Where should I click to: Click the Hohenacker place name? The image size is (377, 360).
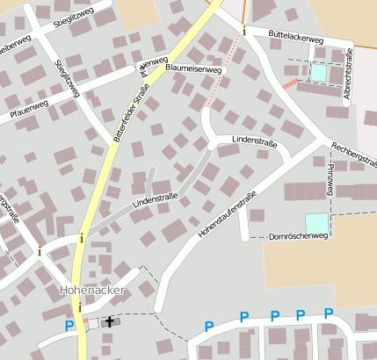(x=91, y=289)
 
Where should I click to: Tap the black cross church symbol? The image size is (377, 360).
(x=110, y=321)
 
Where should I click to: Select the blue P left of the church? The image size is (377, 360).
(x=69, y=326)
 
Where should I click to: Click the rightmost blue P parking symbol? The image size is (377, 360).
(x=329, y=314)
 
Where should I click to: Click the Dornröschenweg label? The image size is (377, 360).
(x=297, y=236)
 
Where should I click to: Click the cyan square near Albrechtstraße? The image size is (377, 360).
(x=317, y=73)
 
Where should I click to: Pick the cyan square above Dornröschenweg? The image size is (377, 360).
(x=315, y=223)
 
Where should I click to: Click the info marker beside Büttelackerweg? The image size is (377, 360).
(x=244, y=32)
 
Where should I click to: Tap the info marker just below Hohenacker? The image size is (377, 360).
(x=81, y=306)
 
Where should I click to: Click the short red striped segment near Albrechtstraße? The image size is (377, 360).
(x=290, y=83)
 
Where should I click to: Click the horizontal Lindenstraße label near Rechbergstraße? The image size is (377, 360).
(x=254, y=140)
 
